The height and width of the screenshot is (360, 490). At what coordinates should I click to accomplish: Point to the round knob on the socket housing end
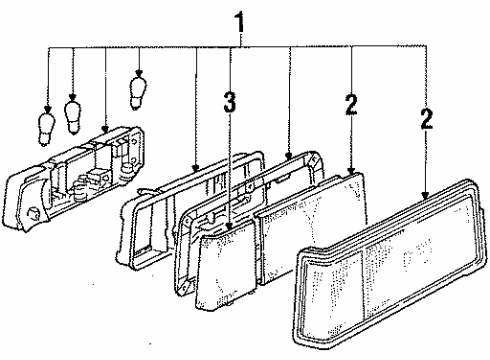(x=33, y=213)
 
